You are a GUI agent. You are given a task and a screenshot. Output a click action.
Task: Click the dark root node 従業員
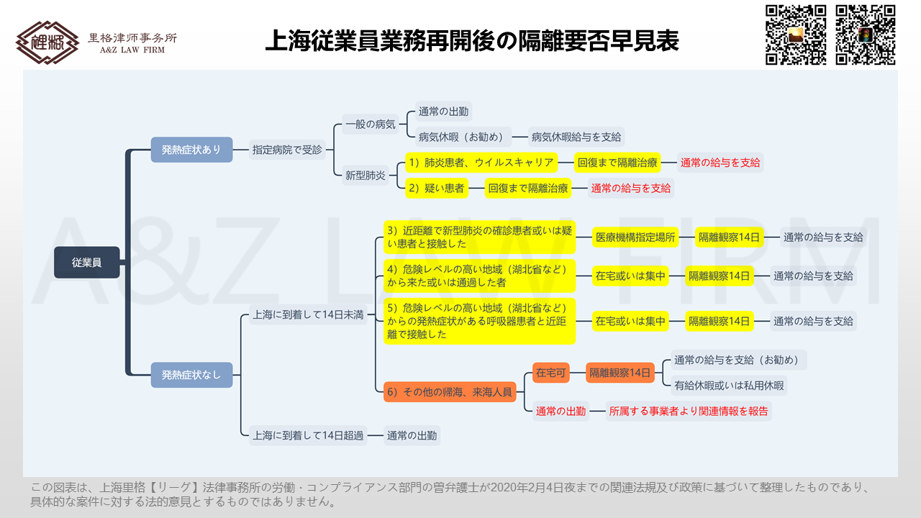coord(87,263)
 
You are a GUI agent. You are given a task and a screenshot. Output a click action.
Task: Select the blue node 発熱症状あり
coord(191,150)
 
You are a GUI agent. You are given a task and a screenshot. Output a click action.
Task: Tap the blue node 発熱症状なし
coord(191,375)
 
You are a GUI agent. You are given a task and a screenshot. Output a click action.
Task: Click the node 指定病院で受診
coord(287,150)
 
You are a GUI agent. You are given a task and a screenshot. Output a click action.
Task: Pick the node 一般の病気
coord(370,124)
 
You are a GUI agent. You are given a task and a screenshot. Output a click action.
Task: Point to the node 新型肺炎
coord(365,176)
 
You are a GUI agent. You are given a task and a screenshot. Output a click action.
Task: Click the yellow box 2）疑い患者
coord(437,188)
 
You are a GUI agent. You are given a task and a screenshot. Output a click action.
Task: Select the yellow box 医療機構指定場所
coord(635,237)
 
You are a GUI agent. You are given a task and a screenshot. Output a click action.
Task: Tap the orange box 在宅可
coord(551,373)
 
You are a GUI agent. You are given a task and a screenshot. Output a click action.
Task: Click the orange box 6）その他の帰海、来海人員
coord(450,392)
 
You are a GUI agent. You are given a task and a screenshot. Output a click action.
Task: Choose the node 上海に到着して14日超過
coord(308,435)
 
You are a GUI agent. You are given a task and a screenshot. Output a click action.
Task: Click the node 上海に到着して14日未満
coord(308,315)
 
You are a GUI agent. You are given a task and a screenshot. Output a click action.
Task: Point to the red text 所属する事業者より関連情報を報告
coord(689,411)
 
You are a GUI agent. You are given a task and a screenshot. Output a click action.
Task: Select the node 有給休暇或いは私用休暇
coord(729,386)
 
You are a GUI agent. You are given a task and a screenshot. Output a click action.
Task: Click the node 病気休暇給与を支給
coord(576,137)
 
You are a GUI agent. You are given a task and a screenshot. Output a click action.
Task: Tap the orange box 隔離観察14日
coord(620,373)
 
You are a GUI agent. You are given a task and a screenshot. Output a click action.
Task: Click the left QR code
coord(796,35)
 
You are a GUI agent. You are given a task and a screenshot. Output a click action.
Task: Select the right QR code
coord(866,35)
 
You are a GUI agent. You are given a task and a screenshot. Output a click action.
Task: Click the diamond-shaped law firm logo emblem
coord(47,42)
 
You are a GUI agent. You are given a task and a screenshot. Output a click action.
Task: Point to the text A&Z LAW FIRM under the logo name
coord(132,50)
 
